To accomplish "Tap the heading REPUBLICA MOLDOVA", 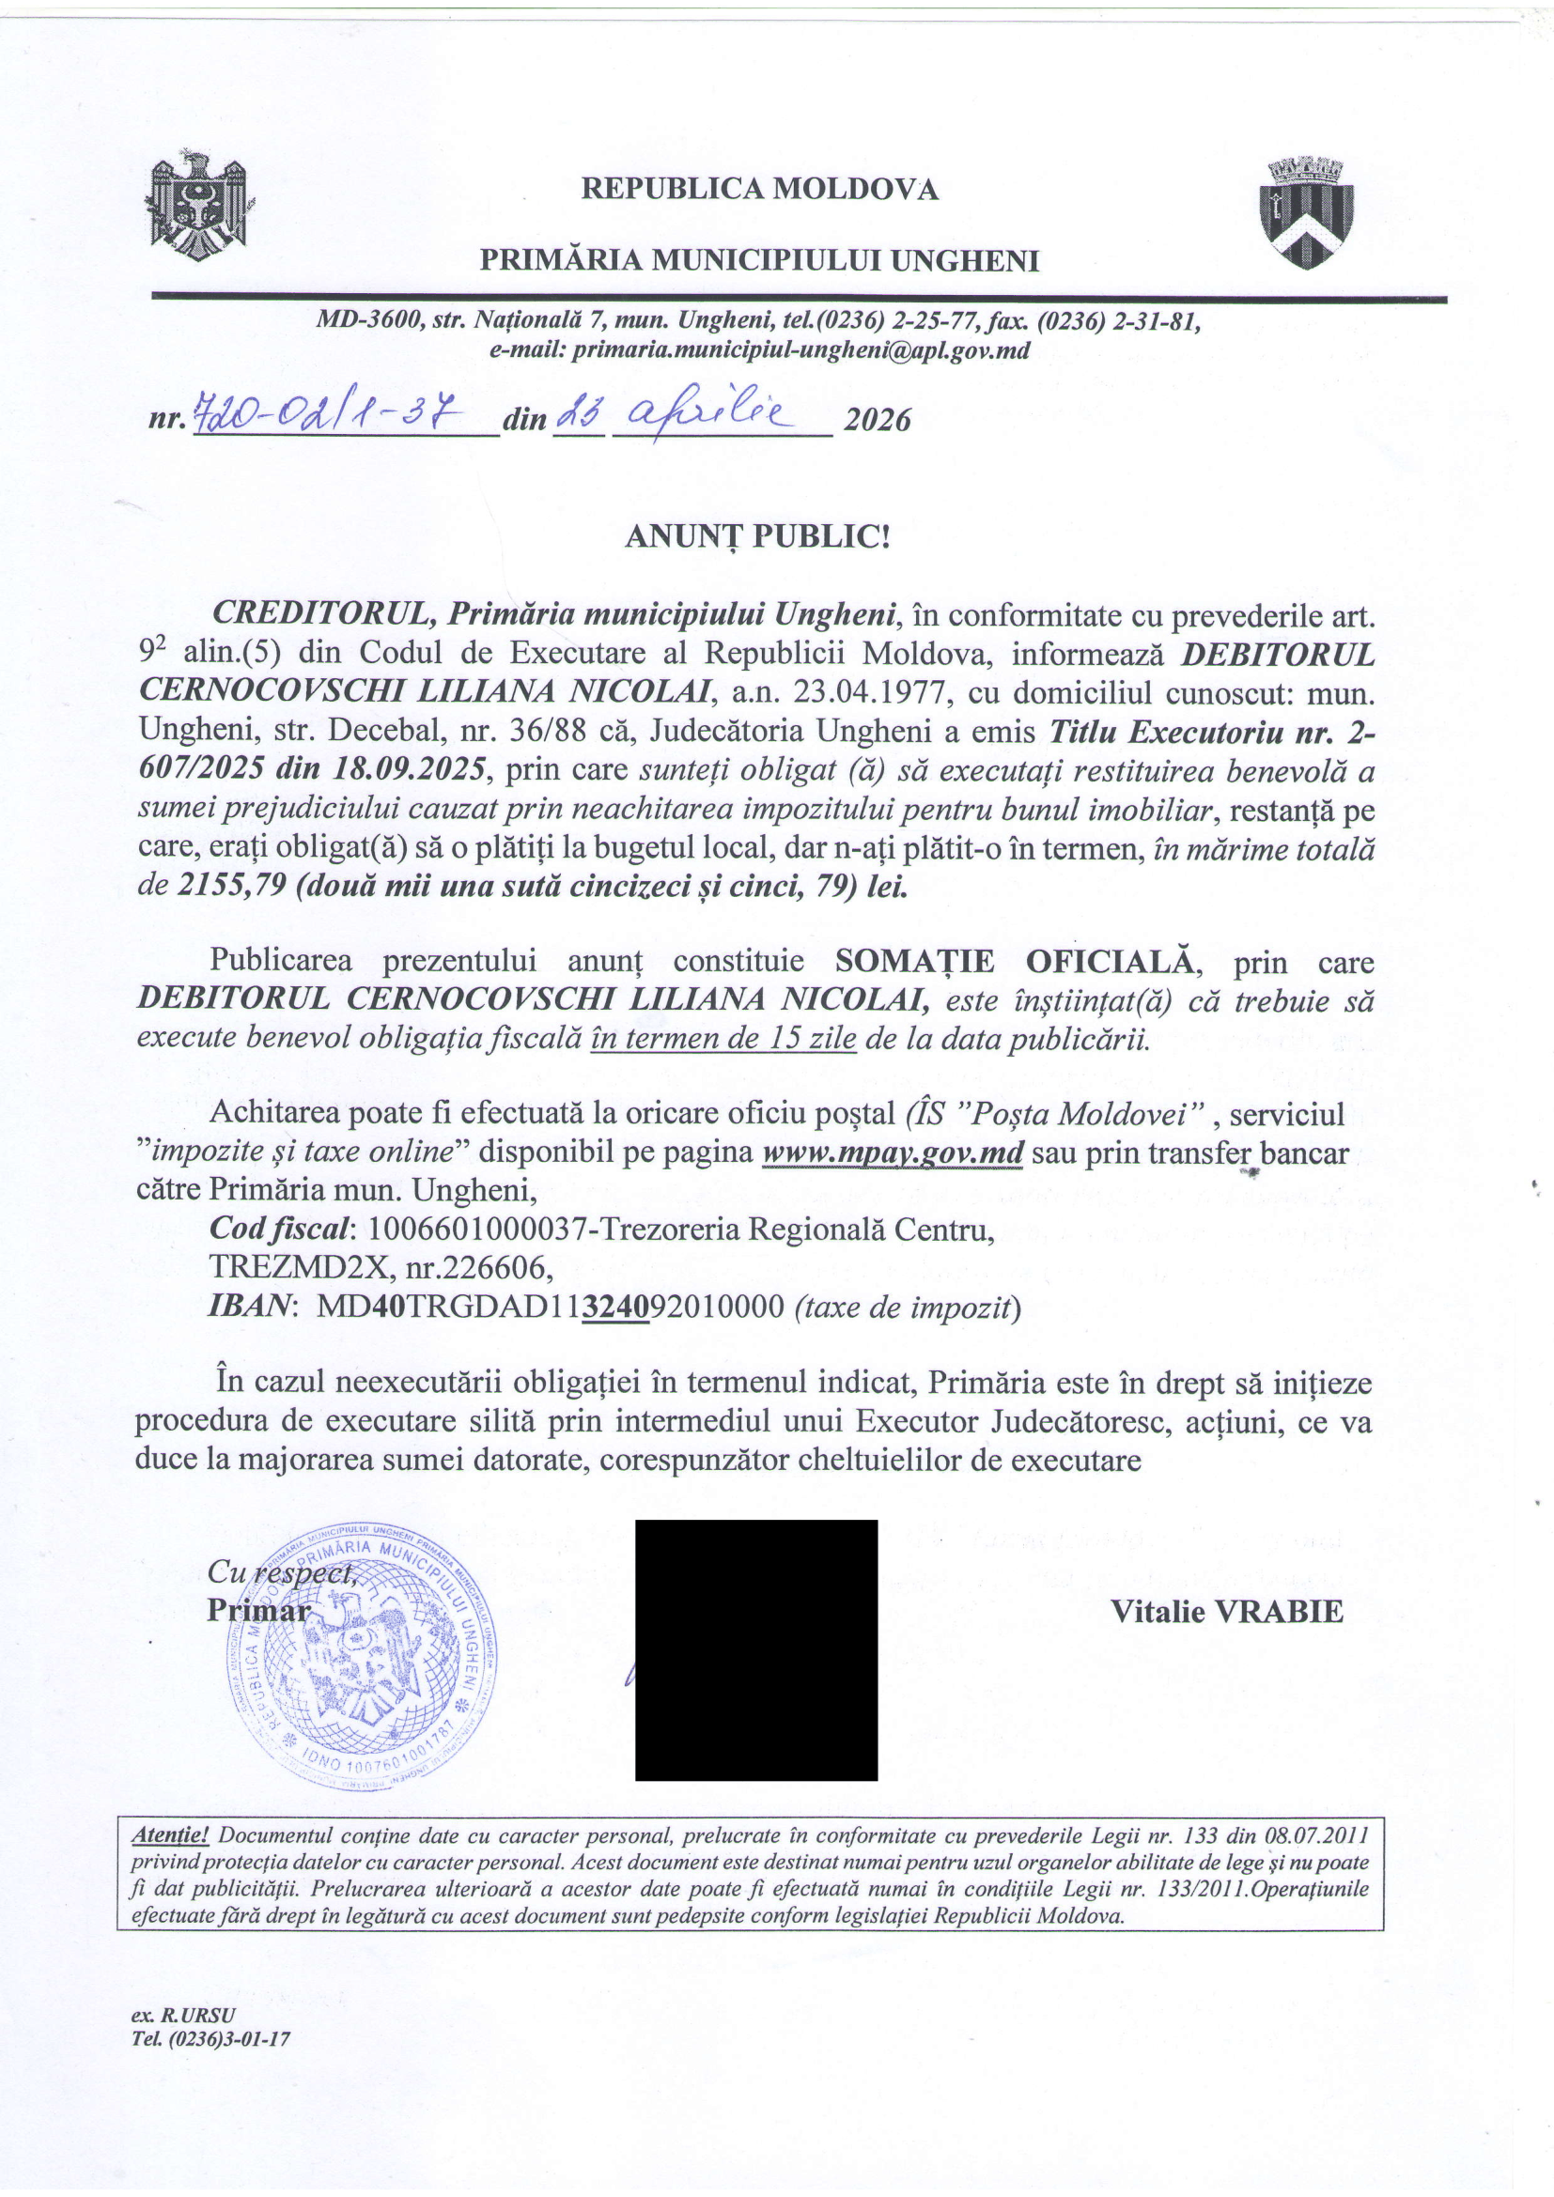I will coord(760,189).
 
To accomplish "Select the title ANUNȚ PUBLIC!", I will coord(757,537).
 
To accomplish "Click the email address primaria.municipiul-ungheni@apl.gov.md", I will coord(800,351).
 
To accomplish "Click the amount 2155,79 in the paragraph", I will coord(232,886).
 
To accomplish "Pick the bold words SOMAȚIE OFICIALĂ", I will coord(1014,961).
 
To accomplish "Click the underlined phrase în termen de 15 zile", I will coord(723,1038).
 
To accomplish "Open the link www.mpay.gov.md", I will coord(893,1153).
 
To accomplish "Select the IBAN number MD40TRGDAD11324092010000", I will coord(551,1307).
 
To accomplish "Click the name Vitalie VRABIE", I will coord(1227,1612).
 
